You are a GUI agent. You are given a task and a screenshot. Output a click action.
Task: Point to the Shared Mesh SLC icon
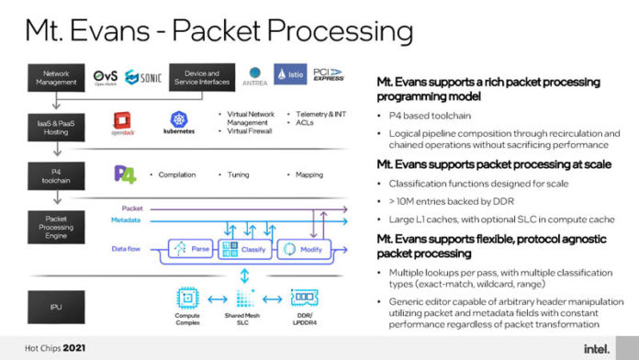243,297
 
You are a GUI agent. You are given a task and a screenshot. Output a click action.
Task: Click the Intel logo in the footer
598,347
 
